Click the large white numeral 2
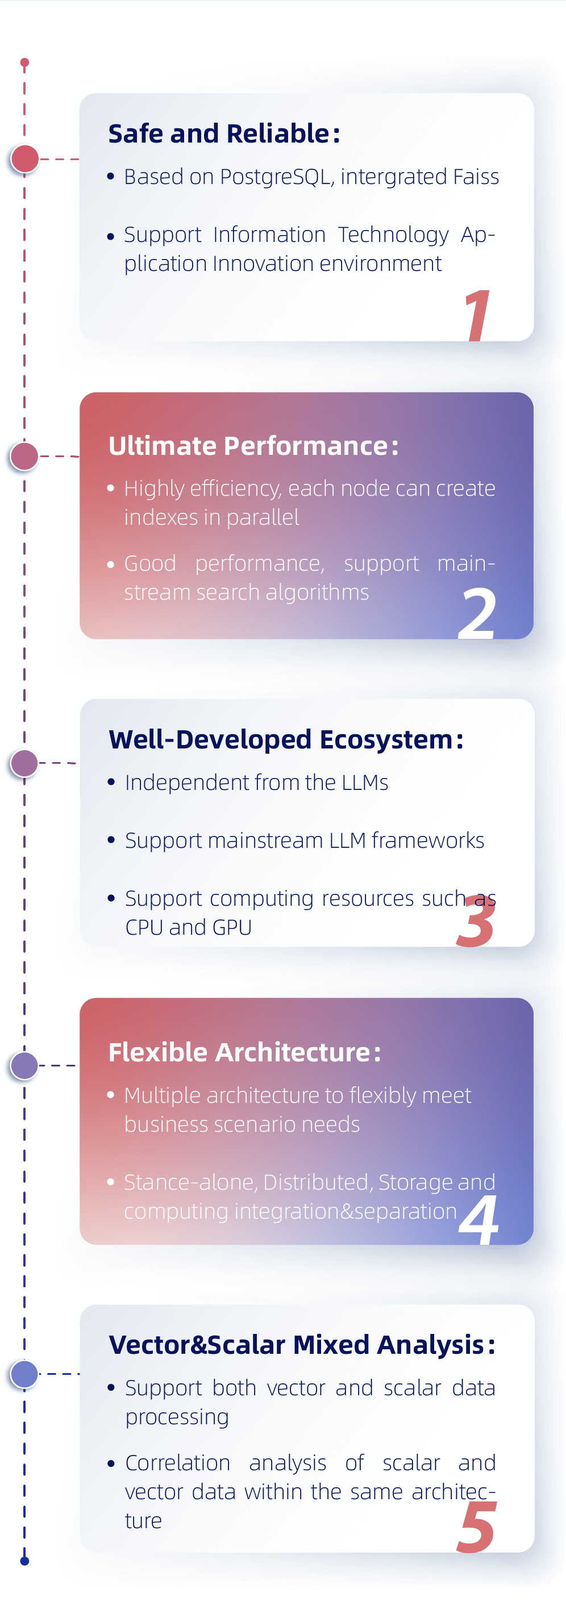tap(477, 613)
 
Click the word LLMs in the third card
tap(365, 783)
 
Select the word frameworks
tap(428, 840)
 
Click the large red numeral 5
tap(476, 1526)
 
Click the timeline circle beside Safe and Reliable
tap(25, 159)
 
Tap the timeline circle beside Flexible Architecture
tap(25, 1066)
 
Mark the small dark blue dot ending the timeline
tap(24, 1561)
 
